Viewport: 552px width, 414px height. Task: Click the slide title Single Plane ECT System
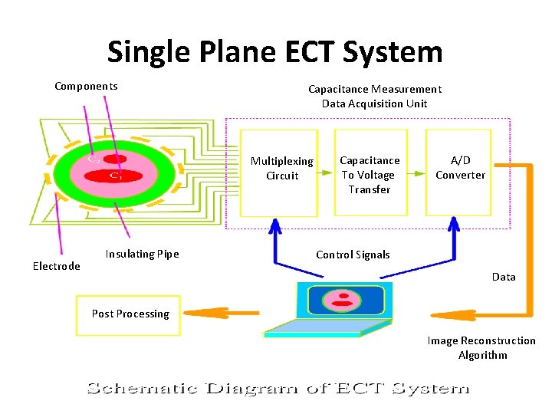pyautogui.click(x=274, y=52)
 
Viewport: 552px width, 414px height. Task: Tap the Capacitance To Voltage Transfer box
pyautogui.click(x=370, y=174)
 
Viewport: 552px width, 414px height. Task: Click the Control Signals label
pyautogui.click(x=353, y=255)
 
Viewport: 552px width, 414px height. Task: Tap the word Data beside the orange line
pyautogui.click(x=503, y=277)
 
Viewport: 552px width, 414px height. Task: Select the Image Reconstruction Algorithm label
pyautogui.click(x=481, y=347)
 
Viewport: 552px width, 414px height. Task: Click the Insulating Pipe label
pyautogui.click(x=142, y=254)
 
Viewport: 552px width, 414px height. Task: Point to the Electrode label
pyautogui.click(x=56, y=266)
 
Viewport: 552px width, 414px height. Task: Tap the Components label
pyautogui.click(x=86, y=86)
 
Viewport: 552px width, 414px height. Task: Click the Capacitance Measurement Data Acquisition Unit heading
pyautogui.click(x=374, y=96)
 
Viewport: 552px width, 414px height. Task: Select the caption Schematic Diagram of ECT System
pyautogui.click(x=277, y=388)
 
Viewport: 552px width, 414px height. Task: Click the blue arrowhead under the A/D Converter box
pyautogui.click(x=454, y=224)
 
